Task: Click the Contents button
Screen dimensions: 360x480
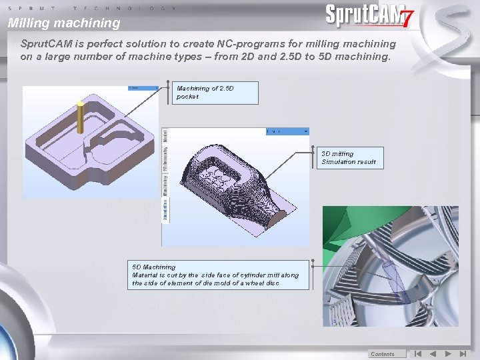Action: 383,354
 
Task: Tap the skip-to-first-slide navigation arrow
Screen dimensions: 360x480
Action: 417,354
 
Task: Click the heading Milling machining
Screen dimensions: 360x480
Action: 64,23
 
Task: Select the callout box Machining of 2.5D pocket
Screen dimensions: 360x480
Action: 216,93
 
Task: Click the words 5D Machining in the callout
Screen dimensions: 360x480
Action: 153,267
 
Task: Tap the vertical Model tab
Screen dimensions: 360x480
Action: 165,137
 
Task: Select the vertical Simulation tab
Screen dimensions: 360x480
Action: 165,209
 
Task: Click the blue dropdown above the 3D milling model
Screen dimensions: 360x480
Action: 287,131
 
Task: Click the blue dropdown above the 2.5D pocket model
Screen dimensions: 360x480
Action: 143,87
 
